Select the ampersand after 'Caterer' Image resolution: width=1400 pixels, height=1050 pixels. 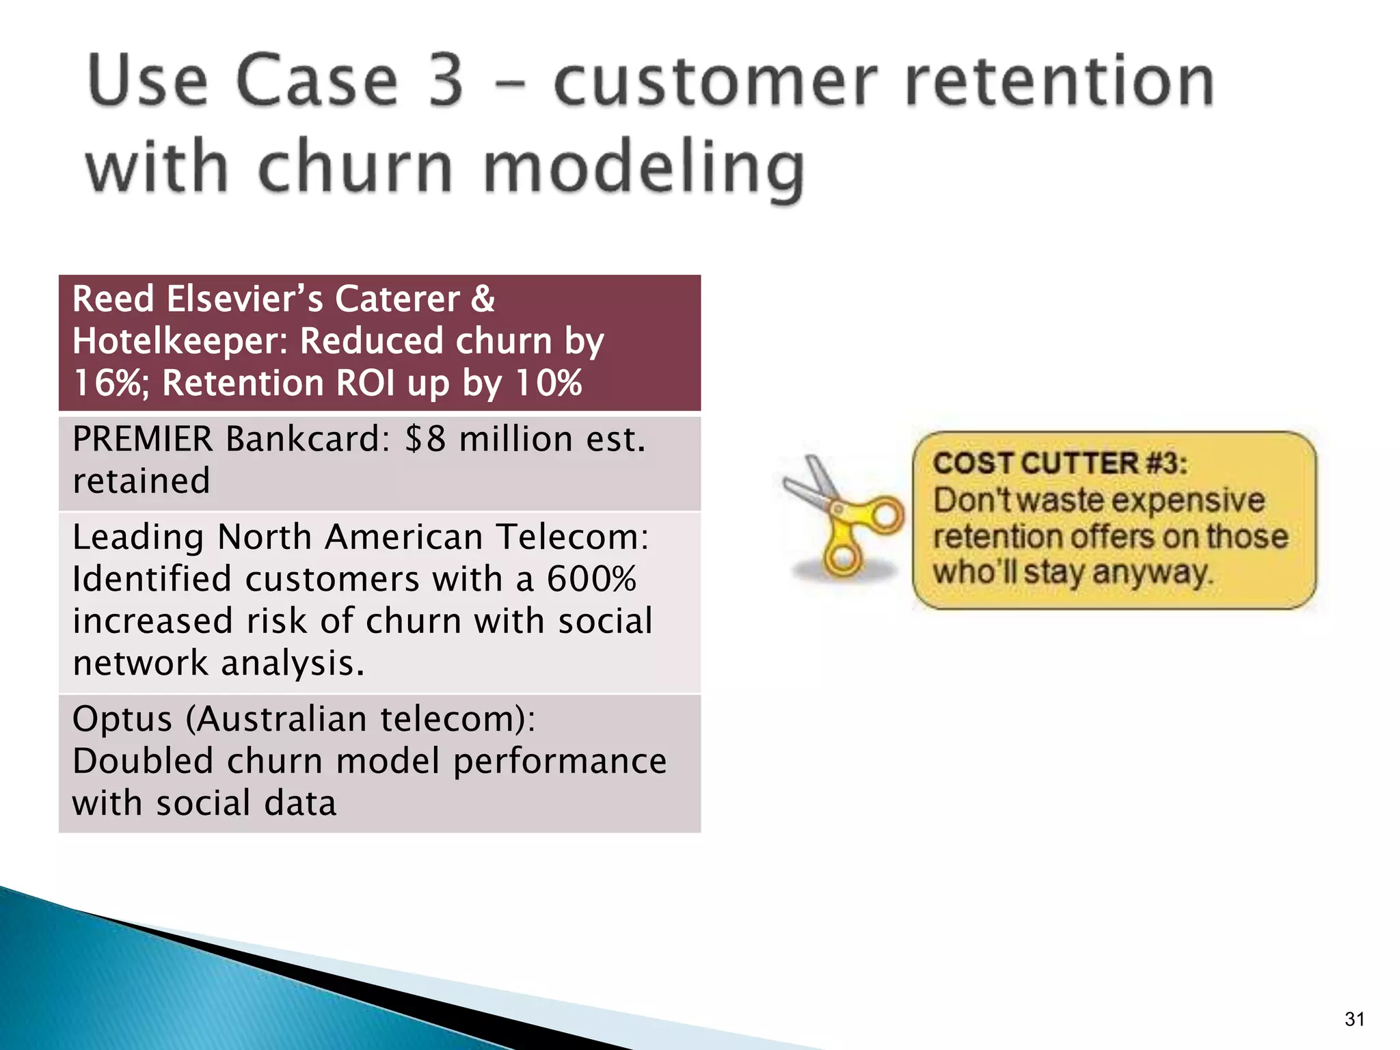click(483, 299)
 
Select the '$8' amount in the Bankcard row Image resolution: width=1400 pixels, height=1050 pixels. click(425, 439)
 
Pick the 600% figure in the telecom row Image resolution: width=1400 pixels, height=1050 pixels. click(591, 579)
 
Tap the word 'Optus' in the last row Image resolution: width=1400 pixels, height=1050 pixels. click(122, 719)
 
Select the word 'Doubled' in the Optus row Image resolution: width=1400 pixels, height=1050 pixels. click(143, 761)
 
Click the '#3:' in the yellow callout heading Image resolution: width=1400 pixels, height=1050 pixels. click(1166, 463)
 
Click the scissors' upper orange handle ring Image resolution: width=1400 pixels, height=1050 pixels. click(887, 514)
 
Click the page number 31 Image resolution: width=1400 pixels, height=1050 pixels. click(1354, 1019)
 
